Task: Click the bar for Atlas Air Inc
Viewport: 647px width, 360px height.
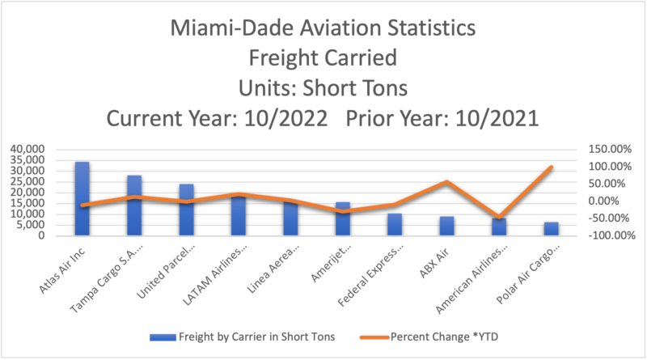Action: [x=82, y=198]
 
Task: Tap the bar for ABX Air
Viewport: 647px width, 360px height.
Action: [x=446, y=226]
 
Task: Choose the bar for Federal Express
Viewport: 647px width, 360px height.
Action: [x=395, y=224]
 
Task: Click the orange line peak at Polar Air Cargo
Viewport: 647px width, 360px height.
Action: [x=551, y=167]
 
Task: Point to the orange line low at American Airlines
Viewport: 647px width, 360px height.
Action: [x=499, y=218]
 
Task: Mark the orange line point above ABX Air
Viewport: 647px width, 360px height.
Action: [x=446, y=182]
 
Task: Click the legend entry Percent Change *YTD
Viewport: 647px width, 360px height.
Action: [x=461, y=335]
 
